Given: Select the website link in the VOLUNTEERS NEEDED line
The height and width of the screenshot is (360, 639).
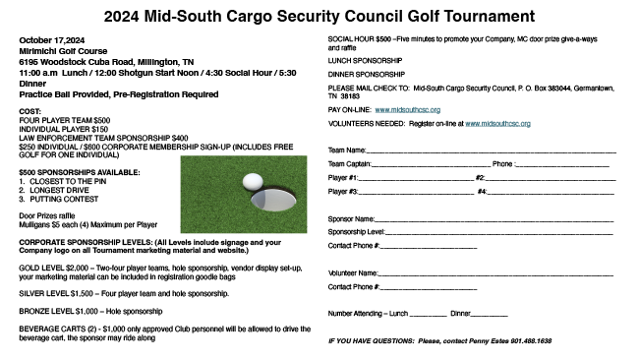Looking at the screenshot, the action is click(497, 124).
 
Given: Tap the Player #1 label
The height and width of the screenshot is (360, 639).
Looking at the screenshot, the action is click(342, 178).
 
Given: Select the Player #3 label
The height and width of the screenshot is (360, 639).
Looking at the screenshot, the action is click(342, 192).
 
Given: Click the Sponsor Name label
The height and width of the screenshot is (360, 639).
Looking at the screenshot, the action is click(351, 218).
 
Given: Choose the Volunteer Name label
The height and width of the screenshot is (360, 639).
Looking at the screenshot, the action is click(353, 272).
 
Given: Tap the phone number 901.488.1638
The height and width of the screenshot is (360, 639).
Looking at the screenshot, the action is click(530, 340).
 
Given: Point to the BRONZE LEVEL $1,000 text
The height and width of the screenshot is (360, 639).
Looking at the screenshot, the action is click(61, 310).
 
